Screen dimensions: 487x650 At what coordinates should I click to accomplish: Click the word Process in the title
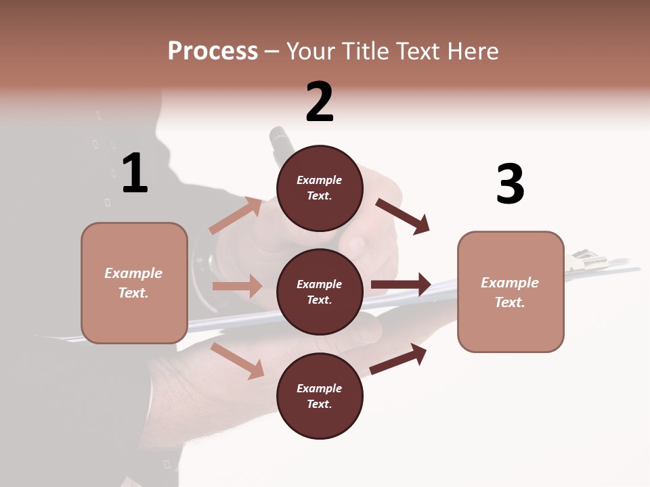[x=213, y=51]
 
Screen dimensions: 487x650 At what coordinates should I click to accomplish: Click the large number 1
[x=135, y=174]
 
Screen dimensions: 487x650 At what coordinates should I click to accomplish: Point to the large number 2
[x=320, y=102]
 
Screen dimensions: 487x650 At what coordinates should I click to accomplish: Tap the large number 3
[x=510, y=184]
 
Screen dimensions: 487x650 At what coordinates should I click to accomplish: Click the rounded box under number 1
[x=134, y=283]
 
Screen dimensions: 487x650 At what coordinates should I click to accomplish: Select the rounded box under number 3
[x=511, y=292]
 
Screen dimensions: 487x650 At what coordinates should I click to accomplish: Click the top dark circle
[x=320, y=188]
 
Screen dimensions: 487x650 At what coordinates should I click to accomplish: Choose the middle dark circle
[x=320, y=292]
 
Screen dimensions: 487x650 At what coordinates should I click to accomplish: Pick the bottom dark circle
[x=320, y=396]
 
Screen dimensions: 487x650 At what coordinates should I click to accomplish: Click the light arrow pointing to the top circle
[x=236, y=215]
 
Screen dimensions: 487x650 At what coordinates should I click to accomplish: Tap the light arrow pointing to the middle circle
[x=237, y=286]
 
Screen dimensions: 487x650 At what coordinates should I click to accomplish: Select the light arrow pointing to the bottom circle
[x=237, y=361]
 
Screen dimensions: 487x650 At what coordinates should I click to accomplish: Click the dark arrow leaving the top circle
[x=403, y=216]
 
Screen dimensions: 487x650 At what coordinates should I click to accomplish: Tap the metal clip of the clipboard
[x=584, y=261]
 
